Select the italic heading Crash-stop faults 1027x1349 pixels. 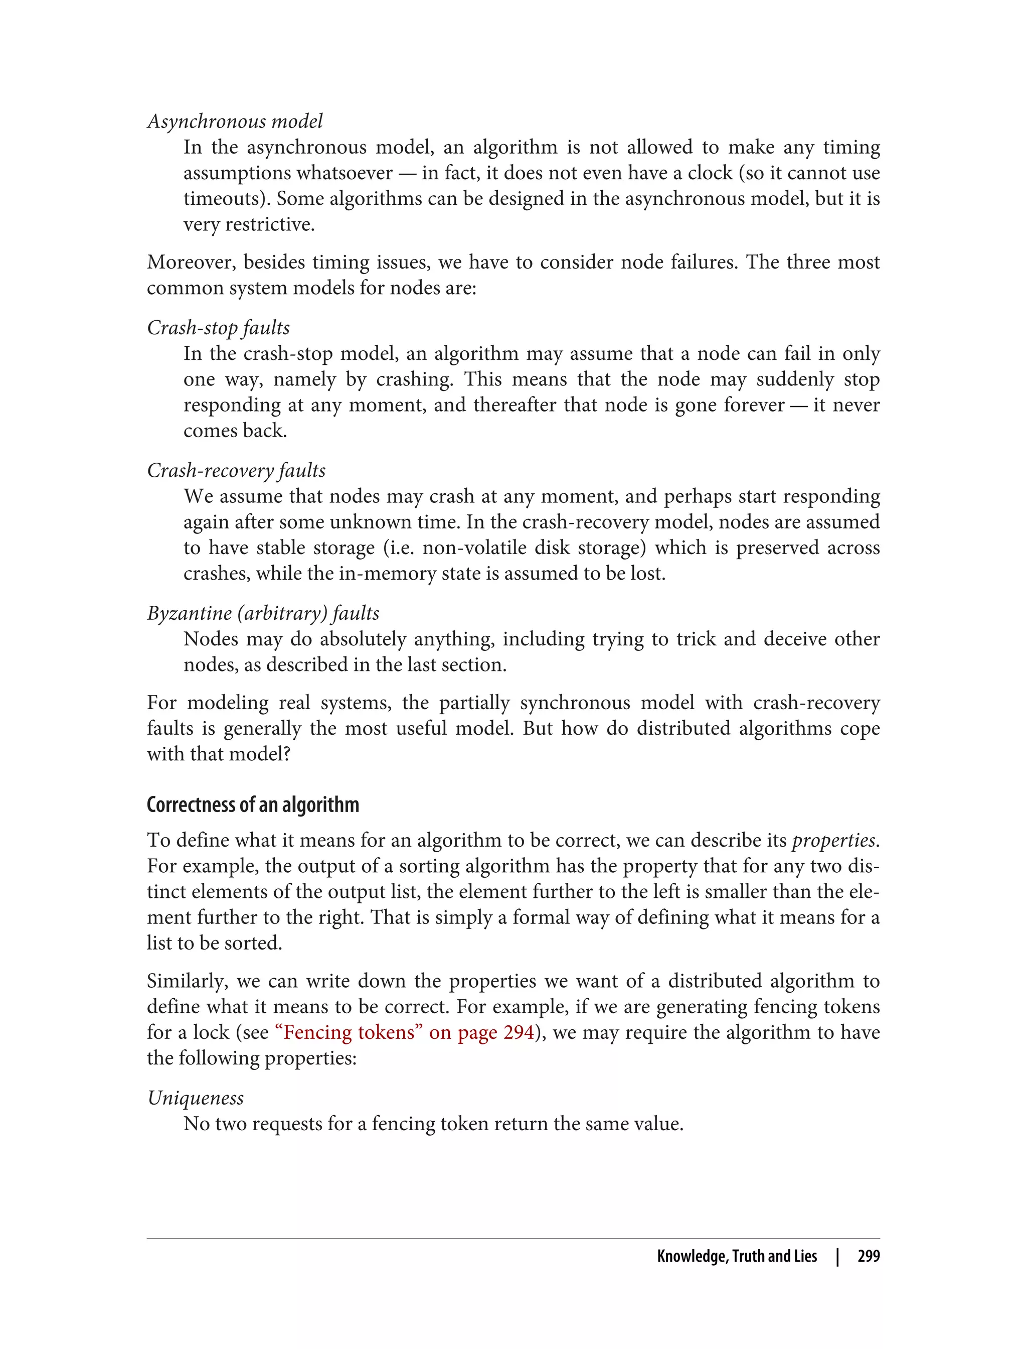pyautogui.click(x=218, y=327)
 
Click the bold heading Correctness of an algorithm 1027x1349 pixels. pyautogui.click(x=252, y=804)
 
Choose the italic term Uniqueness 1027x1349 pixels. pyautogui.click(x=195, y=1098)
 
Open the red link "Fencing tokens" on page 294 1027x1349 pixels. pyautogui.click(x=405, y=1032)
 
